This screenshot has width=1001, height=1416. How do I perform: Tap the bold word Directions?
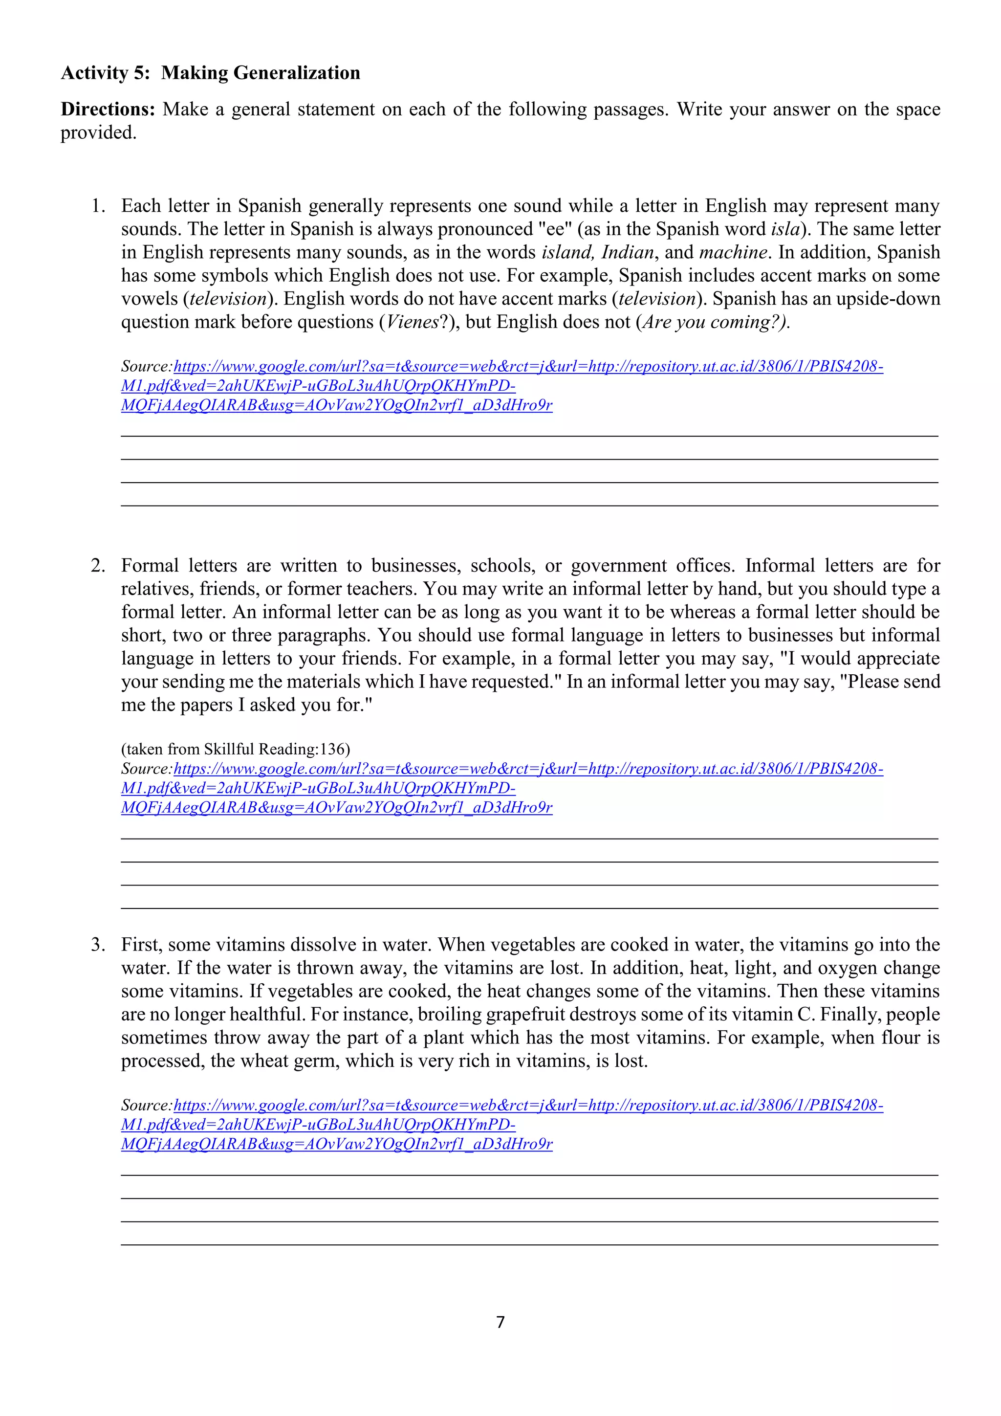coord(107,109)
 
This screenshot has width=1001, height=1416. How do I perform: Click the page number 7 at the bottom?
coord(500,1322)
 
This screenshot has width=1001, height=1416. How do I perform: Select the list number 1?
coord(97,205)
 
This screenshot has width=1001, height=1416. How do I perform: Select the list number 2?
coord(97,566)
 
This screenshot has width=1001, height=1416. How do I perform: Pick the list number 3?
coord(97,944)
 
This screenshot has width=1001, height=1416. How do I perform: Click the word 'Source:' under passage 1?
coord(147,366)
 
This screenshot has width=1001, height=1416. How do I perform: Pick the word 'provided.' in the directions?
coord(98,133)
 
